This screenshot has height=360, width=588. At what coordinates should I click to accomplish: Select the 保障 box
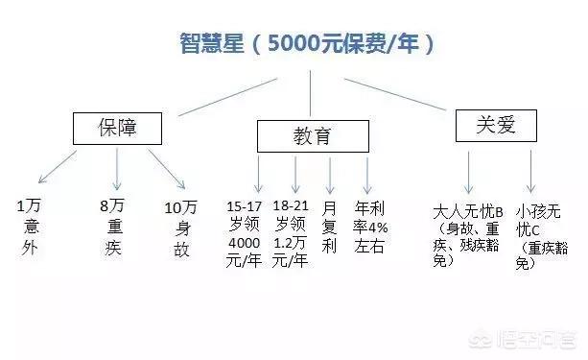118,128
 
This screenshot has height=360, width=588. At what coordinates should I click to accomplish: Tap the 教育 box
311,137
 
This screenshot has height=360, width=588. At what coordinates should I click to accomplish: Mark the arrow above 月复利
330,175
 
